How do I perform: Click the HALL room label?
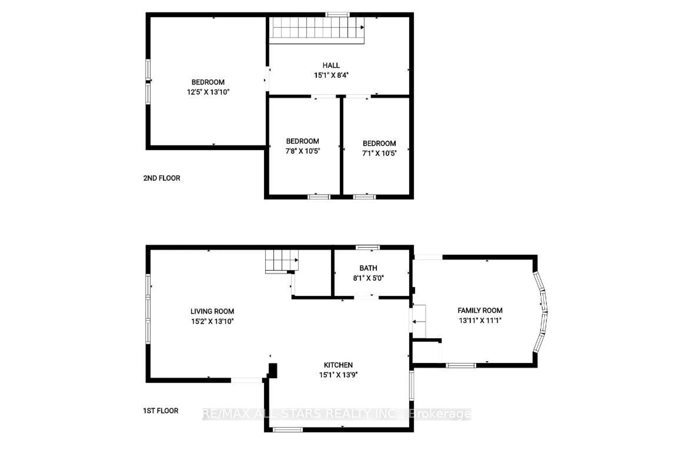tap(331, 65)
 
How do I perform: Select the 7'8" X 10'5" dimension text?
tap(302, 151)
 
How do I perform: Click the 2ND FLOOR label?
tap(162, 178)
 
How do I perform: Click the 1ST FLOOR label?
tap(161, 411)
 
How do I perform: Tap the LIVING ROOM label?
tap(212, 311)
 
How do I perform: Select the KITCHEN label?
tap(338, 365)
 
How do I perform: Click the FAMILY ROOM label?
tap(480, 311)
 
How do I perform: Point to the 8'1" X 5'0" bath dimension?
tap(368, 278)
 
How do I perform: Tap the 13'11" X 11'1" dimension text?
tap(480, 320)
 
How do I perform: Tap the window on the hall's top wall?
tap(337, 15)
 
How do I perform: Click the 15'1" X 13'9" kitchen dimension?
tap(338, 375)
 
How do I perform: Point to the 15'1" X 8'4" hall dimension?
tap(331, 75)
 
